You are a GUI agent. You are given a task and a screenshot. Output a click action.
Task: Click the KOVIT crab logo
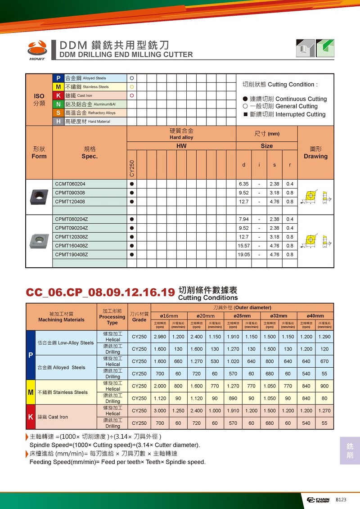click(36, 49)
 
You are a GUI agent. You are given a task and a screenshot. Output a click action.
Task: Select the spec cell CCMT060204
click(70, 184)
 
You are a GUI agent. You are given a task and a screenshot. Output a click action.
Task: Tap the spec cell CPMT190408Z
click(72, 255)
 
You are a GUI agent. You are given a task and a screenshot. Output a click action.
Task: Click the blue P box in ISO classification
click(58, 78)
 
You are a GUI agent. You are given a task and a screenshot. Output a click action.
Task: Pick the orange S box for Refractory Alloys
click(58, 113)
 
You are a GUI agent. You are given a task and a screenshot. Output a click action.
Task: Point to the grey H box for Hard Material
click(58, 122)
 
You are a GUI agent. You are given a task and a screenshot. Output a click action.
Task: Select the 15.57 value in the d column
click(244, 246)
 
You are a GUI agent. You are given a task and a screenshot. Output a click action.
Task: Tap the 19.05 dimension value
click(244, 255)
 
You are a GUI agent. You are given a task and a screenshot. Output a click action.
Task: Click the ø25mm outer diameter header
click(242, 315)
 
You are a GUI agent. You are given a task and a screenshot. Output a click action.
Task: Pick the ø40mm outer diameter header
click(315, 315)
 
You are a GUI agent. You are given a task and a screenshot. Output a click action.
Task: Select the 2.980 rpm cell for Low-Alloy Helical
click(160, 337)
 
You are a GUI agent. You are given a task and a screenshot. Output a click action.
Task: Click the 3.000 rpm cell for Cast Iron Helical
click(160, 411)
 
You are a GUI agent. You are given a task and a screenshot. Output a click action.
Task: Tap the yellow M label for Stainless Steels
click(31, 392)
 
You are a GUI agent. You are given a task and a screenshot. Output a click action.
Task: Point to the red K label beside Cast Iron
click(31, 417)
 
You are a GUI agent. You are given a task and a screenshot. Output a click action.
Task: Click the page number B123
click(340, 500)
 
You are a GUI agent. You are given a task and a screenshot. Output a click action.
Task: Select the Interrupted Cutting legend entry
click(284, 114)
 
